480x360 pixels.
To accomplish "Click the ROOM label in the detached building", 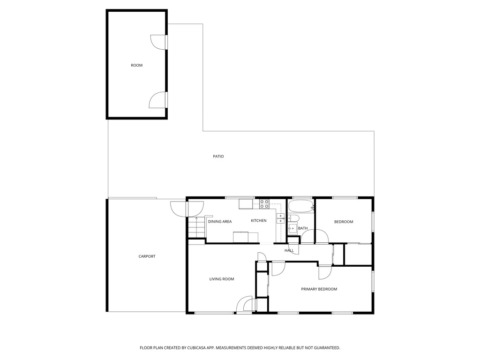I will [136, 65].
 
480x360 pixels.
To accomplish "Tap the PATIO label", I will [218, 156].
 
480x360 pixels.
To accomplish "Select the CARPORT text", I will [147, 256].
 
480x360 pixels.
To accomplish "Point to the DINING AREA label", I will [220, 221].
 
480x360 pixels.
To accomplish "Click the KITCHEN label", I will [258, 221].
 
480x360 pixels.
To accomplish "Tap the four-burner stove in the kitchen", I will [264, 204].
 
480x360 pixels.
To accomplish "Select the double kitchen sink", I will [280, 218].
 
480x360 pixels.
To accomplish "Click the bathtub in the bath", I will [300, 206].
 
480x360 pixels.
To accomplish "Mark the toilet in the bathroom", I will [294, 218].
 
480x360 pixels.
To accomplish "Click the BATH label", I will [303, 228].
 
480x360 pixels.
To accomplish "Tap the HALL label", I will [289, 250].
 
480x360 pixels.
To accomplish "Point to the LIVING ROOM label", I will [221, 279].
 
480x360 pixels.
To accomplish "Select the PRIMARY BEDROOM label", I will [319, 289].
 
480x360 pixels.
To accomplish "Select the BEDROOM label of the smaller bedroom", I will [344, 222].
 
